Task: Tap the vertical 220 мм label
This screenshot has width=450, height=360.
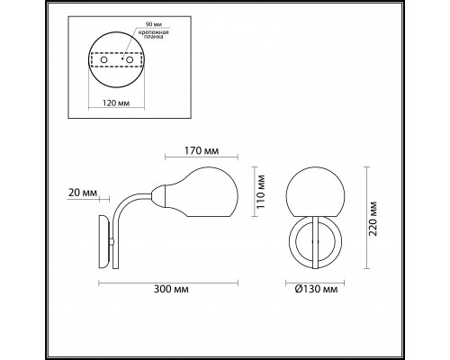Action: [x=373, y=217]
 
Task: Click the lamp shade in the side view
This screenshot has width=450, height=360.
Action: [x=203, y=190]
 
